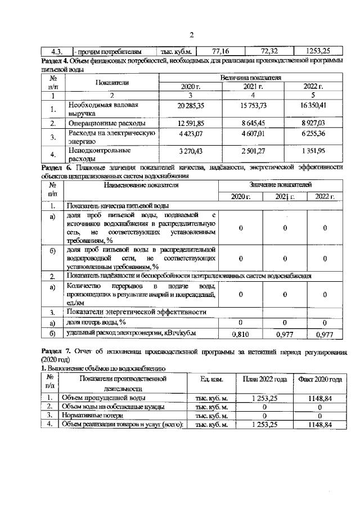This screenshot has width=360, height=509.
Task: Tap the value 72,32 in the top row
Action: pos(264,51)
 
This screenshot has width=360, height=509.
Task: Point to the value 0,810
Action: pos(241,334)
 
